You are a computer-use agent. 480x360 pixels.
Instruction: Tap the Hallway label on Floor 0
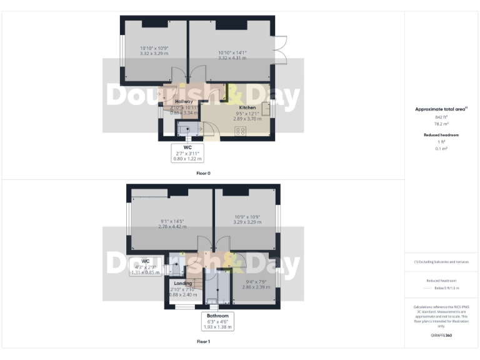point(184,101)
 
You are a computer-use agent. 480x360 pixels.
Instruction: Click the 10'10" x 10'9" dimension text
point(154,48)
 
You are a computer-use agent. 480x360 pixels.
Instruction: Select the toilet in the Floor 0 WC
point(186,128)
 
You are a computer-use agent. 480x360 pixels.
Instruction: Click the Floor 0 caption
point(203,173)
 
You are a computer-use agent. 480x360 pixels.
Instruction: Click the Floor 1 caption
point(203,342)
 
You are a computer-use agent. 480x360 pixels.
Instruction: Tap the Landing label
point(182,284)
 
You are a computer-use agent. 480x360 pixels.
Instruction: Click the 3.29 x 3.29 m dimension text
point(246,222)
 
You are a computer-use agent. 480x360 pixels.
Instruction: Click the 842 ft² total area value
point(441,117)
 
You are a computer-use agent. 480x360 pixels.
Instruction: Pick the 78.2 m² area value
point(441,124)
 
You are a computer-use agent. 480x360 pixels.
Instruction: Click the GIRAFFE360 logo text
point(441,336)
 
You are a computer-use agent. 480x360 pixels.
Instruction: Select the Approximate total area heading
point(441,109)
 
